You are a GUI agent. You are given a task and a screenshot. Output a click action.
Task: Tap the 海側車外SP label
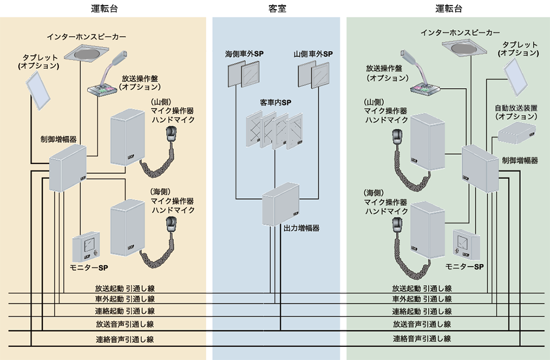point(244,54)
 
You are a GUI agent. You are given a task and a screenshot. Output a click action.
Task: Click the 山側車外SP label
point(313,54)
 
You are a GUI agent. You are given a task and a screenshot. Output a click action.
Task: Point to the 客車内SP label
point(276,103)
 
